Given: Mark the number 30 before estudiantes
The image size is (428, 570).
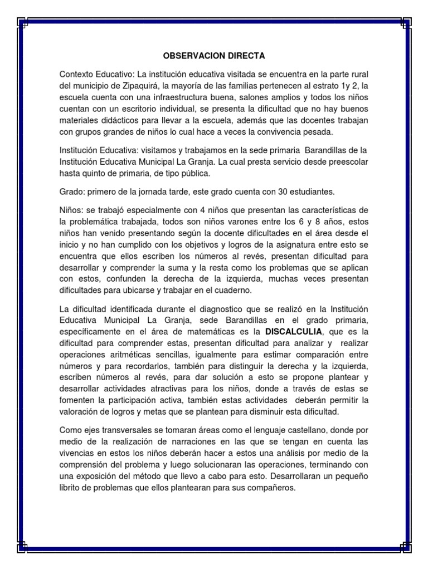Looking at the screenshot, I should coord(273,191).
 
